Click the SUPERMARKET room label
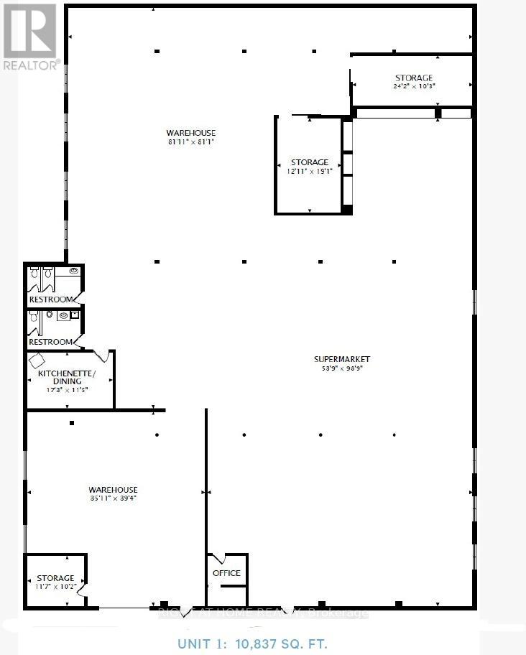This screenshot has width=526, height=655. pos(341,359)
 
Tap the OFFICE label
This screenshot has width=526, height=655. pos(226,573)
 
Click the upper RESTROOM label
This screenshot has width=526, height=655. pos(50,299)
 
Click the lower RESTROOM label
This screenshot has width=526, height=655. pos(50,342)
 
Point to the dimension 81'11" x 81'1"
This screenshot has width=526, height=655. pos(190,142)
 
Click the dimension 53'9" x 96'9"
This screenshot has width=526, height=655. pos(341,369)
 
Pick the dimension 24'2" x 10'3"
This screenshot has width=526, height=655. pos(414,86)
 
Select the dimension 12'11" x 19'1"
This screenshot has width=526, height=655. pos(309,172)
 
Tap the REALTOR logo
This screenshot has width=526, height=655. pos(29,36)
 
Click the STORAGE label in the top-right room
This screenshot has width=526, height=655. pos(414,78)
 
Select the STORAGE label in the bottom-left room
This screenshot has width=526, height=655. pos(55,578)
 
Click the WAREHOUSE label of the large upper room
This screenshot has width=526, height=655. pos(190,133)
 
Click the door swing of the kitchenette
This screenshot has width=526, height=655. pos(102,356)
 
